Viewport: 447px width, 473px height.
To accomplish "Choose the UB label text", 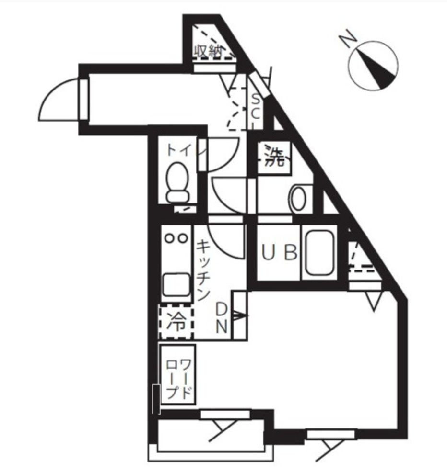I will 280,252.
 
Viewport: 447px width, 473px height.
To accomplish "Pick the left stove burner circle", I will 169,237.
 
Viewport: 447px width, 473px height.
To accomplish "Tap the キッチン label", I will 203,270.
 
